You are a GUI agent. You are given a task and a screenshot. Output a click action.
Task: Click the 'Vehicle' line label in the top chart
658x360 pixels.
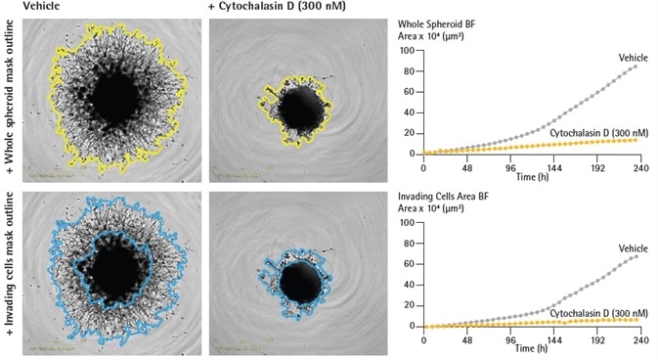(x=634, y=58)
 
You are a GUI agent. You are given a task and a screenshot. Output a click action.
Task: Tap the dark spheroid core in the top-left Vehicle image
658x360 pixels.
(x=114, y=96)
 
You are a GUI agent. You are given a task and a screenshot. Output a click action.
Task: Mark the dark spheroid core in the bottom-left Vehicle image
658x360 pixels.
(x=114, y=269)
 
